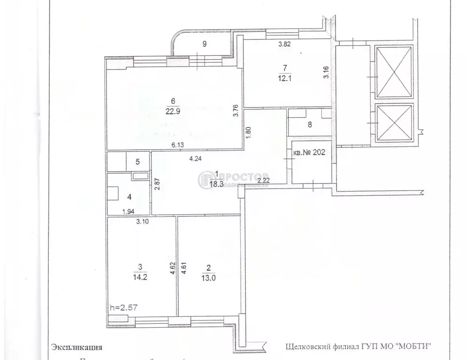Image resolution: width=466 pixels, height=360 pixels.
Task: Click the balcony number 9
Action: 204,45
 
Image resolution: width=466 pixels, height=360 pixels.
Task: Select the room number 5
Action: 138,162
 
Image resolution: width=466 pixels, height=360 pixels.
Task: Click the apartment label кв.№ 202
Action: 308,153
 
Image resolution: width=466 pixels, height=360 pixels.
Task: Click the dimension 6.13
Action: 177,146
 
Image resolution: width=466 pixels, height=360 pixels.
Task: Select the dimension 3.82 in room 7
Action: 285,45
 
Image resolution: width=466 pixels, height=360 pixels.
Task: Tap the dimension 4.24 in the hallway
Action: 195,159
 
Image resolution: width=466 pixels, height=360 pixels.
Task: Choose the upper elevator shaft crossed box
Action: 394,72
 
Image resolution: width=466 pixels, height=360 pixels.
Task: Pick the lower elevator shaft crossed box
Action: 394,123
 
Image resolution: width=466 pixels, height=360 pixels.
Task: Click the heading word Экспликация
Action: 76,348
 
